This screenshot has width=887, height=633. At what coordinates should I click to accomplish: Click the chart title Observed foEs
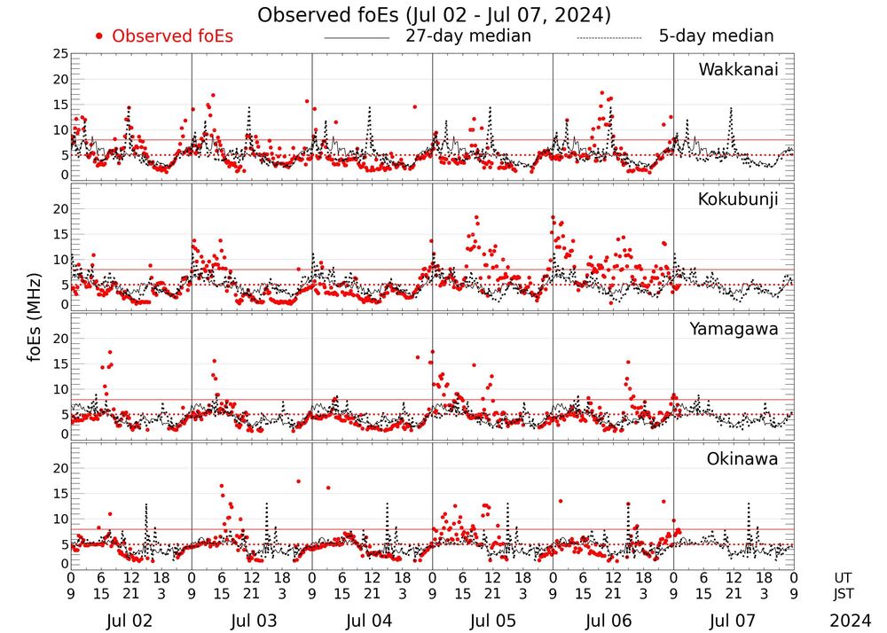(434, 15)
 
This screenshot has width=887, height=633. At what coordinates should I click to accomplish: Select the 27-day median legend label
(468, 36)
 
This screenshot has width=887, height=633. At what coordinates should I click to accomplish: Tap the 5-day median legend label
(716, 36)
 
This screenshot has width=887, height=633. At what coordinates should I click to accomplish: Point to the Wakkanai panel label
(738, 70)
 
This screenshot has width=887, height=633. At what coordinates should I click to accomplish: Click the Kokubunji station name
(737, 199)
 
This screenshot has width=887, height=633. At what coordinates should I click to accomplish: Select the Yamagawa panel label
(734, 329)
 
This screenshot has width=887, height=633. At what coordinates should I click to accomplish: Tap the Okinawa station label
(742, 459)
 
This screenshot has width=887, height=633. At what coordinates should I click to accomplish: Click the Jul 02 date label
(130, 621)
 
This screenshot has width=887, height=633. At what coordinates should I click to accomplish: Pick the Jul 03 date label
(251, 621)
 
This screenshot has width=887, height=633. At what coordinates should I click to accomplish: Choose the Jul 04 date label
(372, 621)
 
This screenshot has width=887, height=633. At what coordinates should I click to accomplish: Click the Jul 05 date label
(492, 621)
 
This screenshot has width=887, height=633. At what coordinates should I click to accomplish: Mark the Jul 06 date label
(613, 621)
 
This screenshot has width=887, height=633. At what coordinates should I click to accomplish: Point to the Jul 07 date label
(734, 621)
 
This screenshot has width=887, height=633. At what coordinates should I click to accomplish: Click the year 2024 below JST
(851, 621)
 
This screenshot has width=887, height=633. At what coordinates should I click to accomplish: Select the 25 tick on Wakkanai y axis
(60, 54)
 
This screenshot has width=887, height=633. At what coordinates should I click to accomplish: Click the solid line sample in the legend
(357, 37)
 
